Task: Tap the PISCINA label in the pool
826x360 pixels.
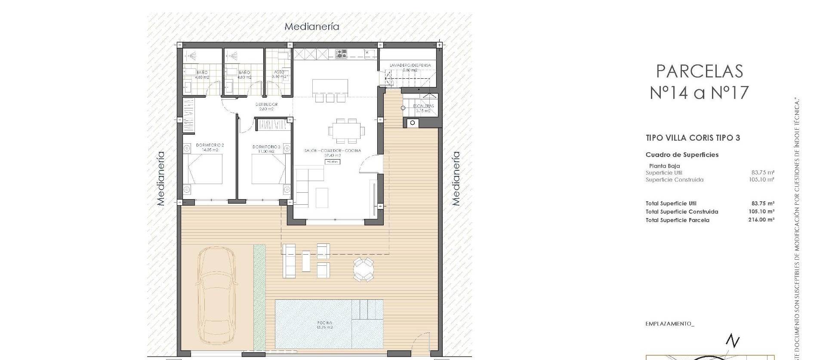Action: pyautogui.click(x=324, y=323)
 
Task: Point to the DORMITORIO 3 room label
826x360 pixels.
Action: pyautogui.click(x=266, y=147)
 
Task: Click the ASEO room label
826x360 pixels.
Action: pyautogui.click(x=278, y=72)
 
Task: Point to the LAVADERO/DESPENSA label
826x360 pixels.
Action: pyautogui.click(x=410, y=65)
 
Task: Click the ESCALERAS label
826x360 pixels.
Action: pyautogui.click(x=423, y=106)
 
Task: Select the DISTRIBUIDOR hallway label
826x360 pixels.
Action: pyautogui.click(x=266, y=105)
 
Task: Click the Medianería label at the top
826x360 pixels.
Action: pyautogui.click(x=312, y=27)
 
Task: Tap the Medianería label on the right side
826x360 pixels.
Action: pyautogui.click(x=456, y=178)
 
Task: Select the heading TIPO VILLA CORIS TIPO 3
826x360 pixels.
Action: pyautogui.click(x=693, y=138)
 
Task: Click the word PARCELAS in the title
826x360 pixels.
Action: pyautogui.click(x=700, y=71)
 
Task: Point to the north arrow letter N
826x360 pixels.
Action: pyautogui.click(x=732, y=341)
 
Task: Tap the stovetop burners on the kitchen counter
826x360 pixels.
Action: pyautogui.click(x=342, y=54)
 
